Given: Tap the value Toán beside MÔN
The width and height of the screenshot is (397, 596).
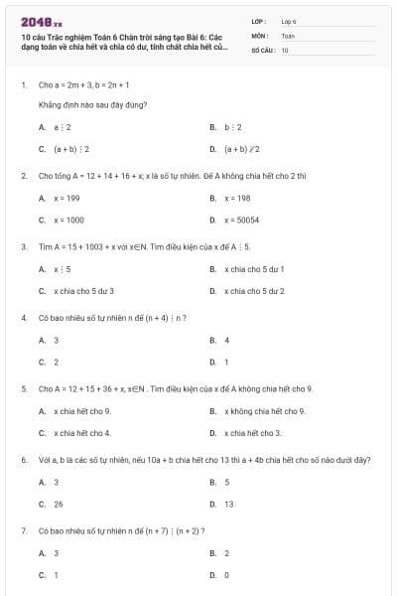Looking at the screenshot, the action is tap(288, 35).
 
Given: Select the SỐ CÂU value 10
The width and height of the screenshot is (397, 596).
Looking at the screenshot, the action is tap(285, 50).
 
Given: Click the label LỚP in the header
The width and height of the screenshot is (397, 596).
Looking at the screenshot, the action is tap(259, 20).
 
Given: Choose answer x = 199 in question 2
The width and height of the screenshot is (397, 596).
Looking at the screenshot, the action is tap(66, 198).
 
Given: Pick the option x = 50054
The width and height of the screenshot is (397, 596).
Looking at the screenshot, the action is tap(241, 220).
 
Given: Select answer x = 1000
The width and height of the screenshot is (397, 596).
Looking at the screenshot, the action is tap(68, 220).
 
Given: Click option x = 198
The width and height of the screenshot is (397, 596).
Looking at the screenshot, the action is tap(237, 198).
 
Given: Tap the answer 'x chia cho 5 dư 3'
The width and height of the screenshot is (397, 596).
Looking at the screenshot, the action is tap(83, 291).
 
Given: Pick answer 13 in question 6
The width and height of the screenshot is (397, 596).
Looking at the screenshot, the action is tap(228, 504).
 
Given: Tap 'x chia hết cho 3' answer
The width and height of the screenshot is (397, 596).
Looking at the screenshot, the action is tap(252, 432).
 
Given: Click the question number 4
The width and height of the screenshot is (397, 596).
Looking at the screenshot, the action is tap(23, 318).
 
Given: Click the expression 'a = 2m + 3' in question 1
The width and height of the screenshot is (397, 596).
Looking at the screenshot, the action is tap(71, 84).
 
